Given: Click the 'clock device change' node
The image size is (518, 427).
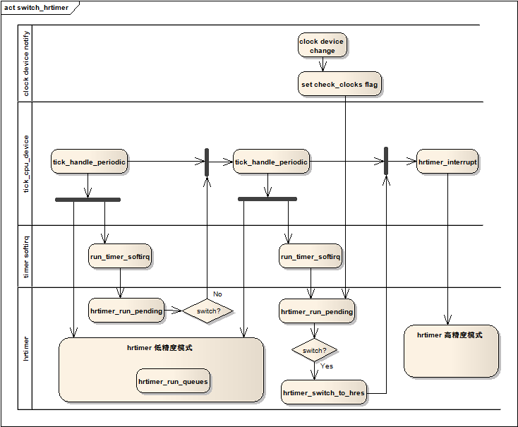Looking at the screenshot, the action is [x=322, y=45].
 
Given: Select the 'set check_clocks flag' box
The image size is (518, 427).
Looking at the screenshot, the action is [x=339, y=84].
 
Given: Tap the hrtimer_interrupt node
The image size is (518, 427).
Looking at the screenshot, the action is [x=447, y=162].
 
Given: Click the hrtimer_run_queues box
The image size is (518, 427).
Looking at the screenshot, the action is [x=173, y=381].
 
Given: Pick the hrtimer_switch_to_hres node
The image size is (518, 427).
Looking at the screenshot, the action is [x=324, y=392].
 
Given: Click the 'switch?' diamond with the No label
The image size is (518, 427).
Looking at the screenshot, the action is [x=207, y=311].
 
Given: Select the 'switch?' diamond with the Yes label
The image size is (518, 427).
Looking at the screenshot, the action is [x=314, y=350].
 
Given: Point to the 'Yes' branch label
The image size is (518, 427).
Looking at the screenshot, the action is [x=327, y=366].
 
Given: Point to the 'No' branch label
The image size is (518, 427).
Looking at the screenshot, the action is [x=217, y=294].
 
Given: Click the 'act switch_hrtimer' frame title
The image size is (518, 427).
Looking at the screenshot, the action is [x=36, y=8].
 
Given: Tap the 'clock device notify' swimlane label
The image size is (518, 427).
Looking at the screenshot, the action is [x=26, y=64].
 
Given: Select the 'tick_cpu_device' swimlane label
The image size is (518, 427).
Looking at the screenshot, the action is [x=26, y=164].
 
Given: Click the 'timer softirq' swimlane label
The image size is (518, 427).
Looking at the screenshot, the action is [x=26, y=257].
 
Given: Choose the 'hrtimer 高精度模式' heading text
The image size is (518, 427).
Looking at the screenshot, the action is [x=450, y=335].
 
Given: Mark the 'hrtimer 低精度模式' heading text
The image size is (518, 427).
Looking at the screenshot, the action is [x=159, y=347].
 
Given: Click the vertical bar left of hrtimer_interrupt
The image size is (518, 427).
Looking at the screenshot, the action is [x=386, y=161].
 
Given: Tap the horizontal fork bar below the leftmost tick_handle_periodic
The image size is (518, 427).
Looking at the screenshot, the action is [x=88, y=200].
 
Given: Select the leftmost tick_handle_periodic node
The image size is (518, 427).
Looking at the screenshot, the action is [x=89, y=162].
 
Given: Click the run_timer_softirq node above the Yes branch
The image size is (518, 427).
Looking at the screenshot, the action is [x=311, y=256].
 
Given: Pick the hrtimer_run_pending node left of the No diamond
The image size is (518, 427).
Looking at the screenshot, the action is [x=126, y=311].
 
